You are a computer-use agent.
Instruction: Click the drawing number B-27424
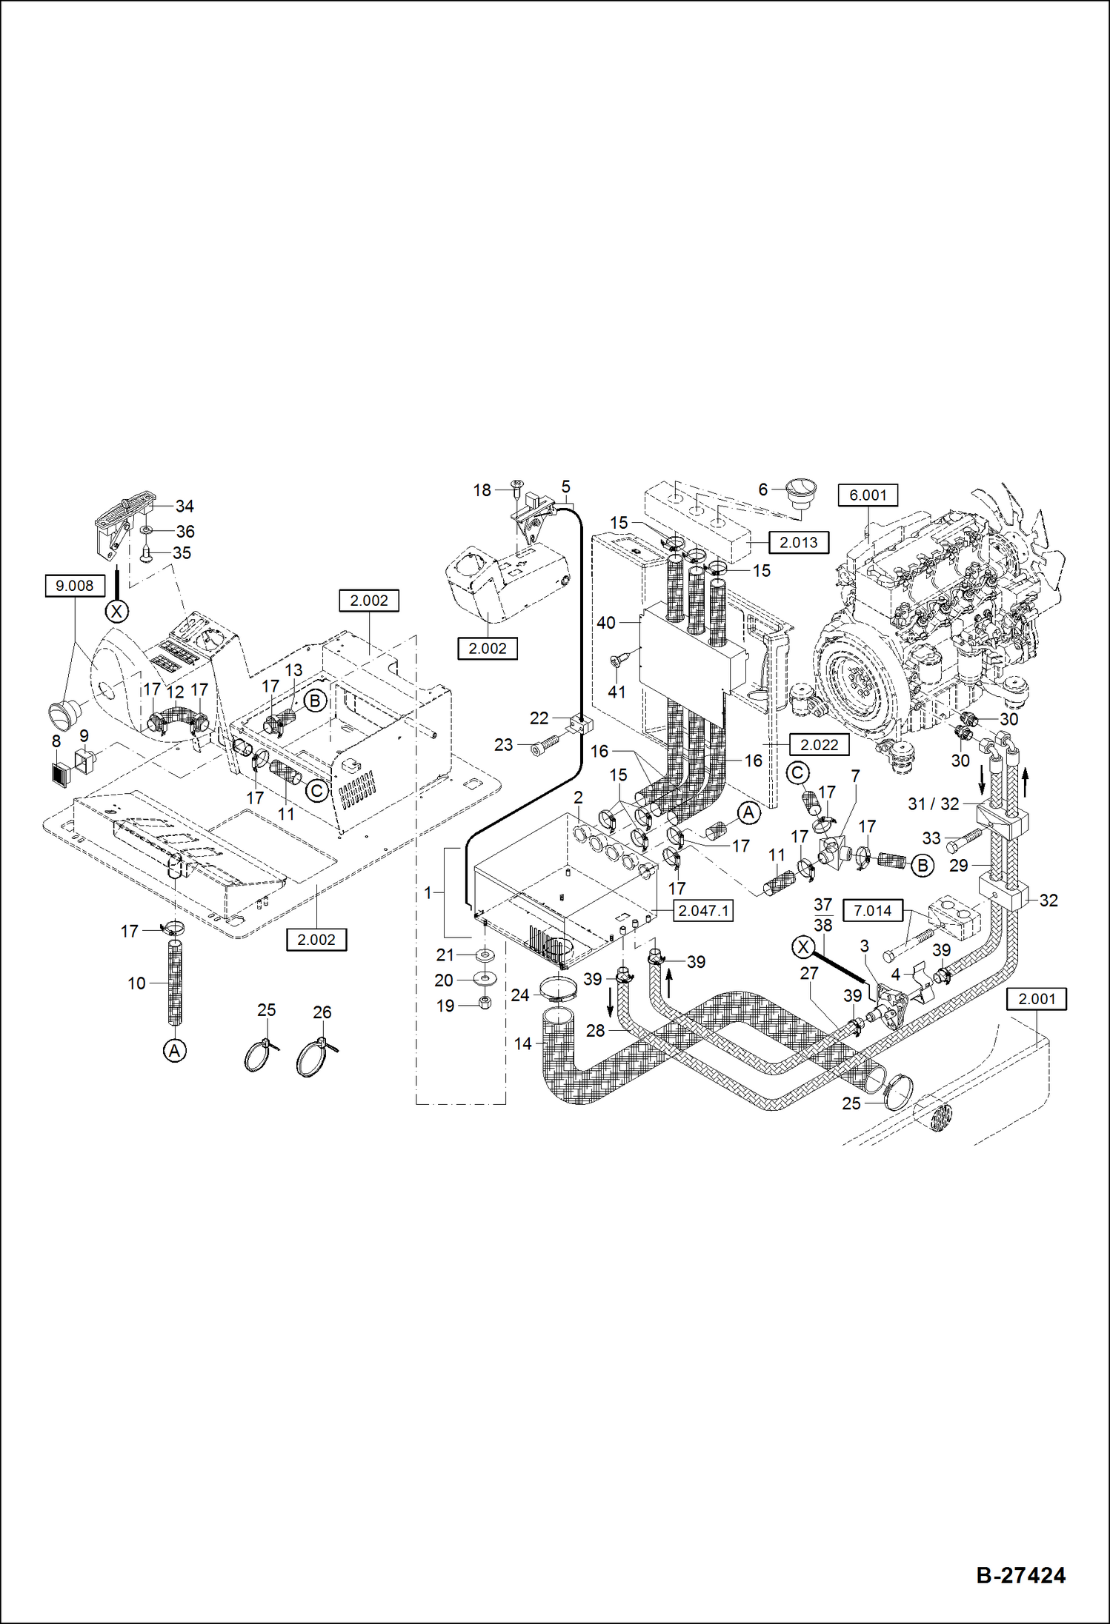click(1020, 1575)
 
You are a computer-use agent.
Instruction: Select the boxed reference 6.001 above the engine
click(867, 495)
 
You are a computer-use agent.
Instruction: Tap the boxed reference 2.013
click(798, 542)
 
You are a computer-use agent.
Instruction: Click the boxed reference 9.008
click(74, 586)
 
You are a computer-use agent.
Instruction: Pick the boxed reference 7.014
click(872, 910)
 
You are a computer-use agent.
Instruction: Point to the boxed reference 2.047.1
click(702, 911)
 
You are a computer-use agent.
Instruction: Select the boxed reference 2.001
click(1036, 998)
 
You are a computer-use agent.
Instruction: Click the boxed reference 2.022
click(819, 744)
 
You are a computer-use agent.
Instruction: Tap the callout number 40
click(605, 623)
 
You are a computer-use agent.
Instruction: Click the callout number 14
click(522, 1043)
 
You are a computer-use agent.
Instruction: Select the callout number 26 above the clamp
click(322, 1012)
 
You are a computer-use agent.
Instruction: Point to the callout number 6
click(762, 489)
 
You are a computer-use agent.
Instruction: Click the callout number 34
click(185, 506)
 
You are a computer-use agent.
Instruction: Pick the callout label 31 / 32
click(933, 803)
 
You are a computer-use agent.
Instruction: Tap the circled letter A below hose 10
click(174, 1050)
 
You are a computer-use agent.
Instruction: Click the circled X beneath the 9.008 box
click(116, 611)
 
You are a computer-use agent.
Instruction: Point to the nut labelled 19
click(485, 1003)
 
